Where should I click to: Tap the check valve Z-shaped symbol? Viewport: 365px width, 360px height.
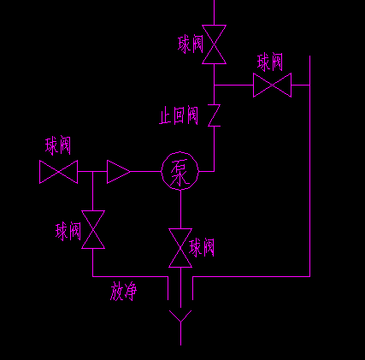(214, 115)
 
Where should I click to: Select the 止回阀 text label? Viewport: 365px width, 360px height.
(179, 115)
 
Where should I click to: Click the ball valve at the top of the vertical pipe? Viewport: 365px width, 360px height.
(214, 44)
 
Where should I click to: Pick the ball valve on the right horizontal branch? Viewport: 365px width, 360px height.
(272, 85)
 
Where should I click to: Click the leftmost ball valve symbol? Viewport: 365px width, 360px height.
(58, 172)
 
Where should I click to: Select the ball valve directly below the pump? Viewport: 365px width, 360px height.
(180, 248)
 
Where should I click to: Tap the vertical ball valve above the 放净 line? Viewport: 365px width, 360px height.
(93, 229)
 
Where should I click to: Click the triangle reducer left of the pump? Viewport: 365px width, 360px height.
(119, 172)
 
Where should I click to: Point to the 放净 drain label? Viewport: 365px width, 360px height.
(123, 292)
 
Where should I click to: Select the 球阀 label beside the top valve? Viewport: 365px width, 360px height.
(191, 44)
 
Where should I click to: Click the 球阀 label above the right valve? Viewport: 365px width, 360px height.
(270, 62)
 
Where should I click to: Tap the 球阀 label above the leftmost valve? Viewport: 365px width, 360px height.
(58, 145)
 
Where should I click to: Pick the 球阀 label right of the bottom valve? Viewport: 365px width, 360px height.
(202, 247)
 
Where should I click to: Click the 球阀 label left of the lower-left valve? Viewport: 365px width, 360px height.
(68, 231)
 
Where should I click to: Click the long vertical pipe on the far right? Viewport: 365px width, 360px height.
(309, 166)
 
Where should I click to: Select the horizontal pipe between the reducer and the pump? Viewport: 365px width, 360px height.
(146, 171)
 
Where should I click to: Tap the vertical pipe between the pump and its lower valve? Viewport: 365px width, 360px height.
(180, 210)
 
